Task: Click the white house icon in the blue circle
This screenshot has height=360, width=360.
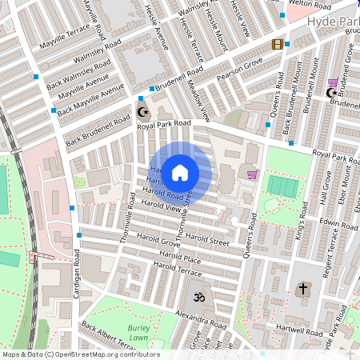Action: tap(180, 172)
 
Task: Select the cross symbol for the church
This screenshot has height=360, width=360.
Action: tap(303, 289)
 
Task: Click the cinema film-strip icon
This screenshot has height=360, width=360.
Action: tap(278, 45)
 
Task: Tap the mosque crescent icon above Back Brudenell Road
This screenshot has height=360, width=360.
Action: tap(143, 111)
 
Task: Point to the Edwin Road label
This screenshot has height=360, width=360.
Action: tap(337, 223)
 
